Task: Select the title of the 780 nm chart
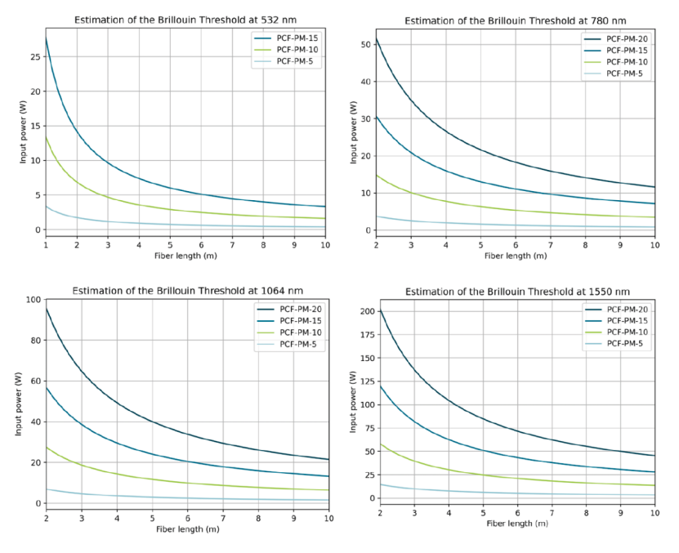click(x=510, y=20)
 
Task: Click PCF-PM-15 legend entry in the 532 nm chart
click(x=295, y=38)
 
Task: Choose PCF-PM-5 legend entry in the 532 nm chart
click(x=293, y=60)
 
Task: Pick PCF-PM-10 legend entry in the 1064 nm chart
click(x=297, y=332)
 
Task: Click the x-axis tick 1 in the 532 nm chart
click(x=46, y=245)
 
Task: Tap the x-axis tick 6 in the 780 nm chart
click(x=515, y=245)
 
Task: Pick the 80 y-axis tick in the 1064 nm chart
click(x=34, y=340)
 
